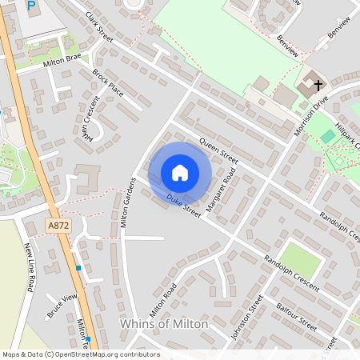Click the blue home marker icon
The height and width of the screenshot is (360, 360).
(x=180, y=172)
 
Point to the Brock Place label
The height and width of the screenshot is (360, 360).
(x=108, y=82)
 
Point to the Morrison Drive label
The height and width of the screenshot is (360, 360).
(x=311, y=114)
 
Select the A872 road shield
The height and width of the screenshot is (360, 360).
(x=56, y=226)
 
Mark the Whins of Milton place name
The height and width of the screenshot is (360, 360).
(x=163, y=324)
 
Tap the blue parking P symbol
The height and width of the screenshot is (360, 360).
(x=31, y=6)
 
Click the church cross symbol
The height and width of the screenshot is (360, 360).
(x=318, y=83)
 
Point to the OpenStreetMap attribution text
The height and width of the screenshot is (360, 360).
(x=81, y=354)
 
